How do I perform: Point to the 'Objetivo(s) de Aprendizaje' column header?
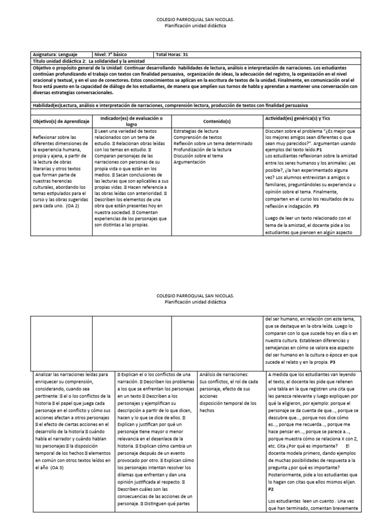point(61,122)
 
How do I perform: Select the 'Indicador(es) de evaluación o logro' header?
point(131,121)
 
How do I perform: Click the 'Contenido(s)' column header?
point(217,122)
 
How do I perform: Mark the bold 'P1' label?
point(319,151)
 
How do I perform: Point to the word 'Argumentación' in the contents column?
point(190,162)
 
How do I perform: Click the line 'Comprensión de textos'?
point(198,137)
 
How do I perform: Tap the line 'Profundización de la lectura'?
point(203,150)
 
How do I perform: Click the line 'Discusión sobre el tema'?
point(198,156)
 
